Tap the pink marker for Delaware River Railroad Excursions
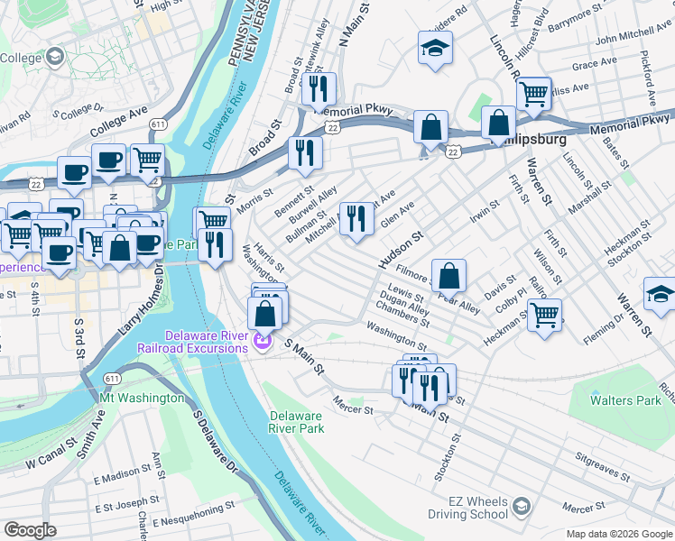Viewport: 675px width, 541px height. tap(263, 342)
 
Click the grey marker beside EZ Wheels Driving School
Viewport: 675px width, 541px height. tap(519, 508)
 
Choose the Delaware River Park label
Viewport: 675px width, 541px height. tap(297, 422)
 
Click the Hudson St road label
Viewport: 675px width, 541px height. tap(401, 250)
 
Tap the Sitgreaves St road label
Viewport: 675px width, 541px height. tap(615, 467)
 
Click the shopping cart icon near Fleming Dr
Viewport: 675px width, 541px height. tap(544, 316)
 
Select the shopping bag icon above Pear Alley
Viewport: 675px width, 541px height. tap(448, 276)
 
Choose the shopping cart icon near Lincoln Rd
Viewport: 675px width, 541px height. tap(533, 93)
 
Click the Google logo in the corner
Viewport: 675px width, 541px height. tap(30, 530)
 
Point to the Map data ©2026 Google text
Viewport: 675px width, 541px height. tap(618, 534)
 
